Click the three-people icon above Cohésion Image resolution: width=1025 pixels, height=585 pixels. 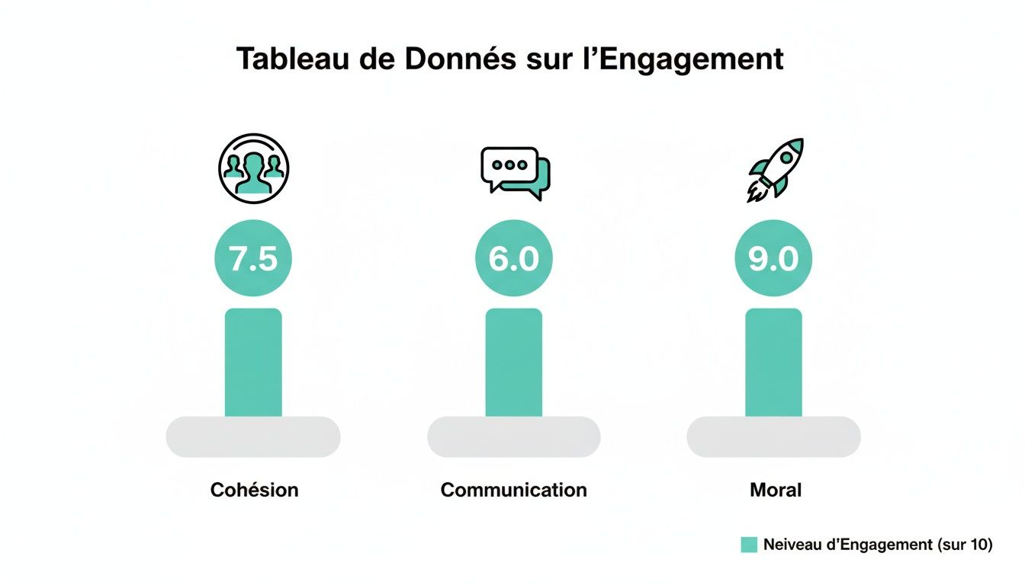pyautogui.click(x=253, y=168)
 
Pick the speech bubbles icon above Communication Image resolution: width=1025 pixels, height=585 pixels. pyautogui.click(x=515, y=172)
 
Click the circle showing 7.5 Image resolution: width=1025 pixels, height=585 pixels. pyautogui.click(x=253, y=259)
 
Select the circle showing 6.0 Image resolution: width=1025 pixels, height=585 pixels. pyautogui.click(x=514, y=259)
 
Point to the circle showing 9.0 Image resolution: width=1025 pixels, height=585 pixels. pyautogui.click(x=773, y=259)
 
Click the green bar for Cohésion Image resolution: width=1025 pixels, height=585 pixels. pyautogui.click(x=253, y=363)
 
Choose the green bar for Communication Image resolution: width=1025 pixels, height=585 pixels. pyautogui.click(x=514, y=363)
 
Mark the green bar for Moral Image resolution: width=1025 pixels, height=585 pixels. pyautogui.click(x=773, y=363)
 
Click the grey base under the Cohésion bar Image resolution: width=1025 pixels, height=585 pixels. pyautogui.click(x=253, y=437)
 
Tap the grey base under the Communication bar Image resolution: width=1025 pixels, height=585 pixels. pyautogui.click(x=514, y=437)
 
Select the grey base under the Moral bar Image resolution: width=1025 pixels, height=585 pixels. pyautogui.click(x=773, y=437)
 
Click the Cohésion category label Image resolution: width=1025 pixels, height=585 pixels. pyautogui.click(x=254, y=490)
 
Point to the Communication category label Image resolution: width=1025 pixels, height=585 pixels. pyautogui.click(x=514, y=490)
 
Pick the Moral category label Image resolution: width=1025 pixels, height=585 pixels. pyautogui.click(x=776, y=490)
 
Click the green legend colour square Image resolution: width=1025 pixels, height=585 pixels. pyautogui.click(x=749, y=545)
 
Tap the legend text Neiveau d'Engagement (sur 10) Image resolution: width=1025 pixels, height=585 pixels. pyautogui.click(x=878, y=545)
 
